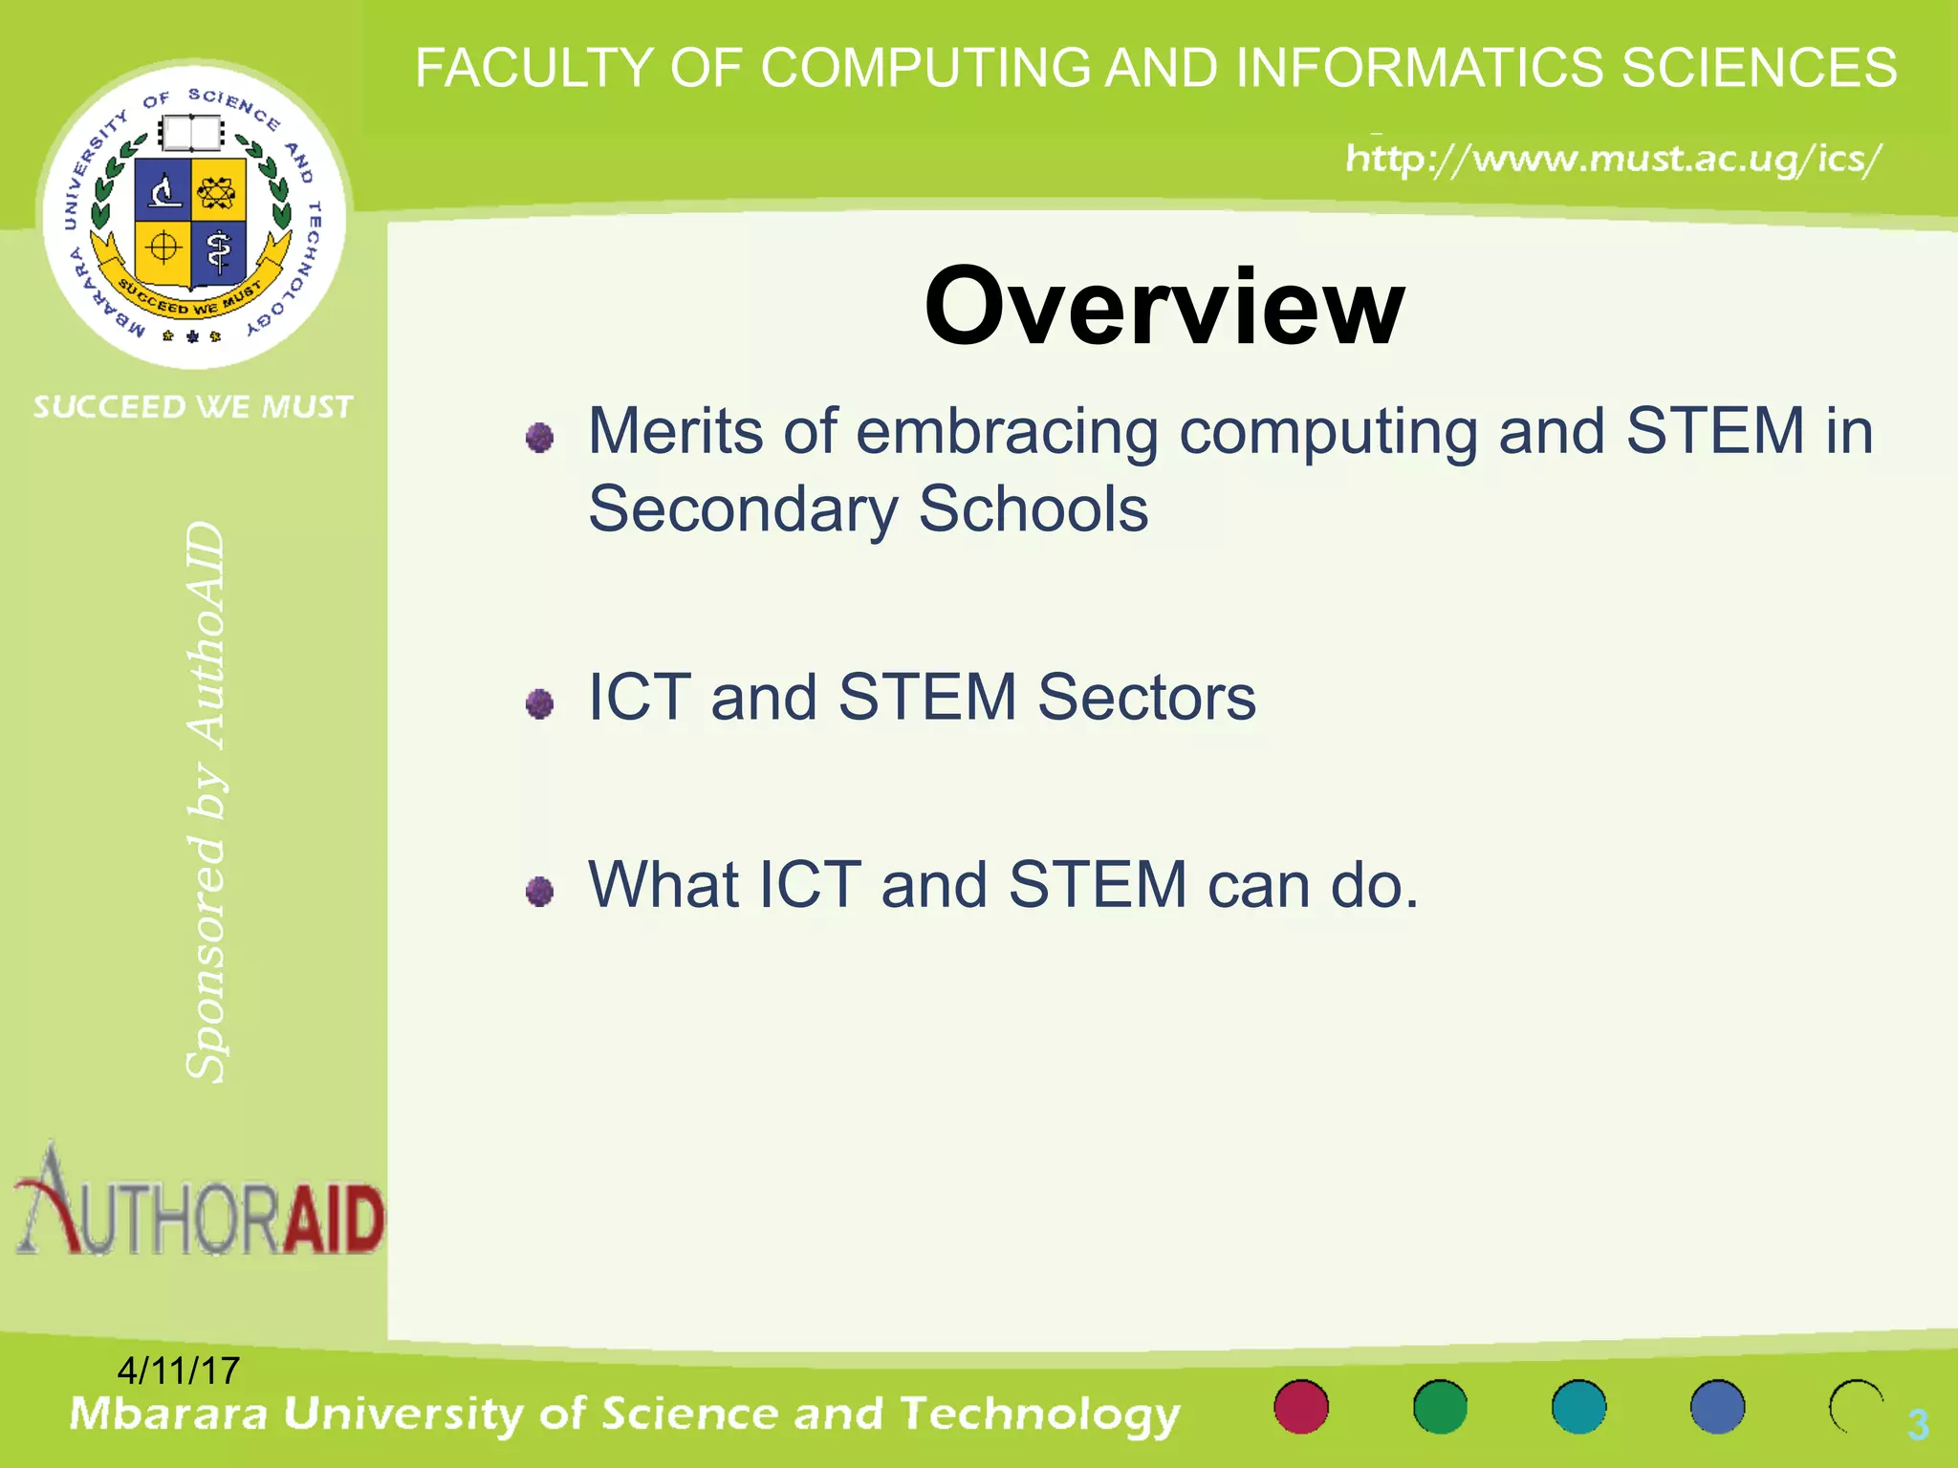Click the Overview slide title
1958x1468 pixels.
tap(1164, 306)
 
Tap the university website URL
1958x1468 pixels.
tap(1613, 159)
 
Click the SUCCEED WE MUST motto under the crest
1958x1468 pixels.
tap(194, 407)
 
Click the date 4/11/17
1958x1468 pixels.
tap(178, 1371)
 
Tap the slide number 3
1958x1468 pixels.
tap(1917, 1424)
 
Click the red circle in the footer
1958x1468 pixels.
tap(1301, 1407)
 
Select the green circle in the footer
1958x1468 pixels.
tap(1440, 1407)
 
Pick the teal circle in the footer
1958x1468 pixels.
tap(1578, 1407)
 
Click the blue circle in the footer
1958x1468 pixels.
tap(1717, 1407)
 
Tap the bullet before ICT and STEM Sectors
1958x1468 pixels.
tap(540, 704)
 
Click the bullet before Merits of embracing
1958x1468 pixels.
tap(540, 438)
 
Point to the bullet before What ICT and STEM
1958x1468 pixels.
tap(540, 892)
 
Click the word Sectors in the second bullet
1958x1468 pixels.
tap(1146, 697)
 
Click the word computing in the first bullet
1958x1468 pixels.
tap(1328, 432)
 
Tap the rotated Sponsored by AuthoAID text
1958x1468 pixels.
tap(206, 803)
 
